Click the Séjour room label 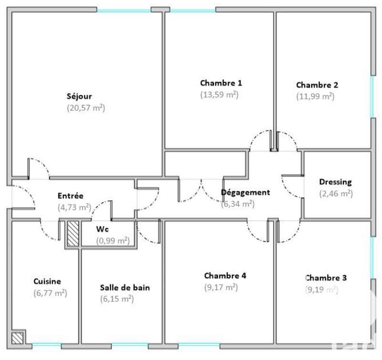tap(79, 96)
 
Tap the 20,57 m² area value tap(85, 108)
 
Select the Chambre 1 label tap(221, 83)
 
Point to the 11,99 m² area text tap(315, 97)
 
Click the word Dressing tap(335, 182)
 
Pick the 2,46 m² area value tap(336, 194)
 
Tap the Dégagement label tap(245, 193)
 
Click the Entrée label tap(71, 196)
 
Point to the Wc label tap(102, 229)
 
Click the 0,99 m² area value tap(113, 240)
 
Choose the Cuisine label tap(47, 282)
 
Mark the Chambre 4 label tap(225, 276)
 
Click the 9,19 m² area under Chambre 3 tap(321, 289)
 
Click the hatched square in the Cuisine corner tap(19, 338)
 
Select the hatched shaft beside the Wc tap(73, 234)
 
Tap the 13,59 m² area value tap(219, 95)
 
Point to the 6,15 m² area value tap(117, 299)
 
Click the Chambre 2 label tap(317, 85)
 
